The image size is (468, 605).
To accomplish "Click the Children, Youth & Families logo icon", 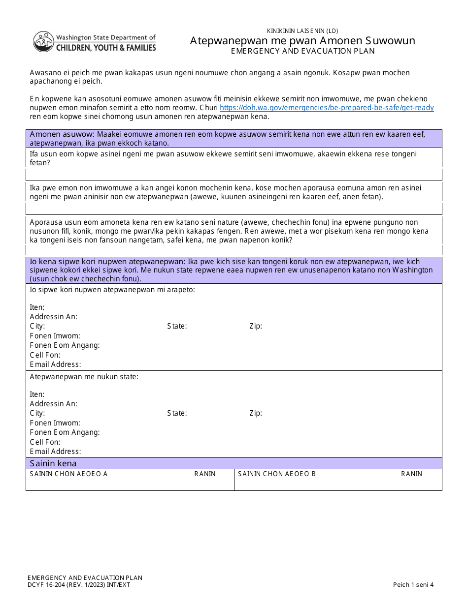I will click(x=43, y=42).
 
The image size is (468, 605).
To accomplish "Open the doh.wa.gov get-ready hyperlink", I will click(x=327, y=108).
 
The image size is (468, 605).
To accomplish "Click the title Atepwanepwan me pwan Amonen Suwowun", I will click(x=302, y=40).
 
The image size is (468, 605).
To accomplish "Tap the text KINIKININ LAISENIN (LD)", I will click(x=302, y=30).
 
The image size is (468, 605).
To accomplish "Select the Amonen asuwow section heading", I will click(x=62, y=134).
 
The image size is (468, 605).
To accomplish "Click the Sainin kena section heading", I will click(x=53, y=463).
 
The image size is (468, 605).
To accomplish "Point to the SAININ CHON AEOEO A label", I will click(x=68, y=474).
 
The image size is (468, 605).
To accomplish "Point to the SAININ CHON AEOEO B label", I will click(x=277, y=474).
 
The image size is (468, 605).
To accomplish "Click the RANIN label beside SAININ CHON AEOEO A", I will click(x=205, y=474).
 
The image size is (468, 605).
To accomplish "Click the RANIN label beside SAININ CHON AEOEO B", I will click(x=411, y=474).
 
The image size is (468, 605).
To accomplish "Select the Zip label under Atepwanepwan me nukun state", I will click(x=256, y=413).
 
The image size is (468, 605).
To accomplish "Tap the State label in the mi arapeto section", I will click(x=177, y=326).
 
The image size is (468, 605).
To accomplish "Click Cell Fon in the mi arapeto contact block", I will click(x=45, y=355).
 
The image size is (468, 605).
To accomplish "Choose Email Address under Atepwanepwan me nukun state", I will click(x=55, y=451).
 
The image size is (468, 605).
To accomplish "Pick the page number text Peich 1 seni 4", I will click(x=413, y=585).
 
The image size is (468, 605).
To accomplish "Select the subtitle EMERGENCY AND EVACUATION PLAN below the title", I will click(x=302, y=51).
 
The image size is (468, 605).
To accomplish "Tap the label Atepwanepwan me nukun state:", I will click(x=84, y=377).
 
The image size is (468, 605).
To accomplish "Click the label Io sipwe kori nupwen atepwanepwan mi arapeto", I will click(x=112, y=290).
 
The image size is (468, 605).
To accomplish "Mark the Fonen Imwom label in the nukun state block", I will click(x=55, y=423).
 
